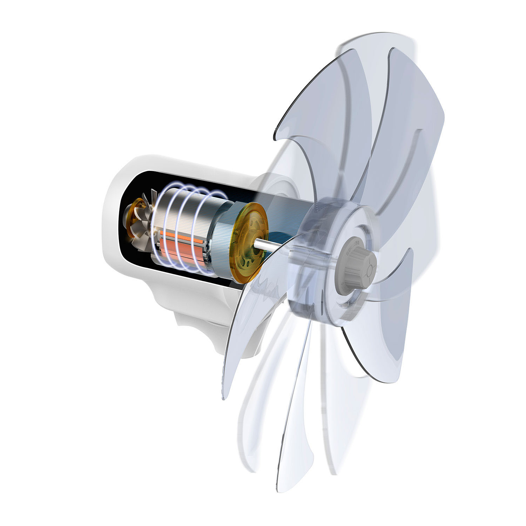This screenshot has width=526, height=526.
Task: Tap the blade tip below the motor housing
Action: pos(224,396)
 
